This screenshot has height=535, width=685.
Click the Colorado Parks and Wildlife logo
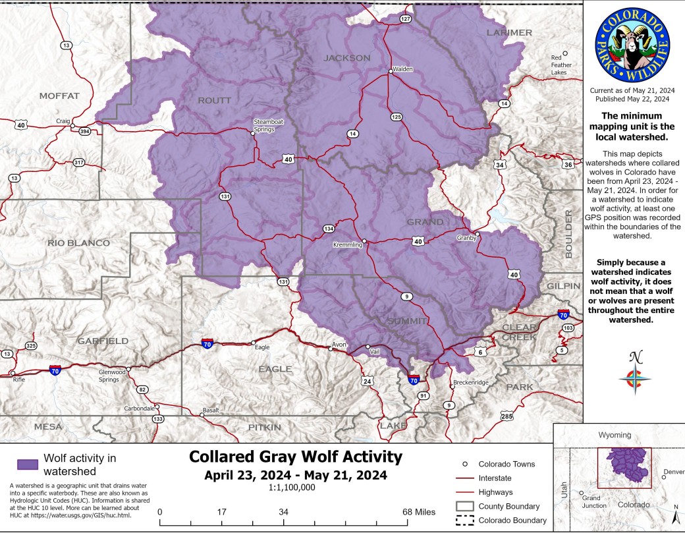point(632,45)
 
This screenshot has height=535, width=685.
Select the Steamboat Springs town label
point(268,125)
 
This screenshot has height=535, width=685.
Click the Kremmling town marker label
point(349,244)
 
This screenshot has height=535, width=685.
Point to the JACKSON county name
point(347,58)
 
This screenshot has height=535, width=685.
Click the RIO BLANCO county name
point(78,243)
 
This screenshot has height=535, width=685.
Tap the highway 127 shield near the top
point(405,19)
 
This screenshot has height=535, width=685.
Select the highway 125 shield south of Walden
point(396,117)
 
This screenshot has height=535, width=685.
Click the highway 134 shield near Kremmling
point(329,229)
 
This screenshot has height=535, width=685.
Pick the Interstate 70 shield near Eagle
point(207,343)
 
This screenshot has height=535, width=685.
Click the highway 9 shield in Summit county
point(408,297)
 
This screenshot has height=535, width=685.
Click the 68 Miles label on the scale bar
point(420,512)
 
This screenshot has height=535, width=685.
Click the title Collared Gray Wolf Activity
point(295,457)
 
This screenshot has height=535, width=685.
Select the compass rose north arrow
point(636,373)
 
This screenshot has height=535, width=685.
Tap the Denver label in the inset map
point(674,472)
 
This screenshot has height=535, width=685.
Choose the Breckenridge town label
point(471,383)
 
